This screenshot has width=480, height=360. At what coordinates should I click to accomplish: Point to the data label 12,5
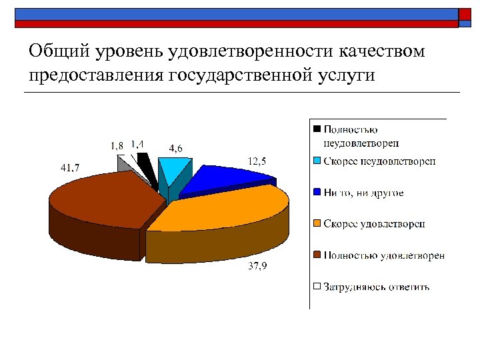pyautogui.click(x=259, y=160)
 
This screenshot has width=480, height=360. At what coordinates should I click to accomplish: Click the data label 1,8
pyautogui.click(x=117, y=145)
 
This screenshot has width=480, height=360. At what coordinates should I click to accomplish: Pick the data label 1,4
pyautogui.click(x=139, y=143)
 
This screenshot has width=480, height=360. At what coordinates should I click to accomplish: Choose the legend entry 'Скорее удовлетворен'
pyautogui.click(x=375, y=223)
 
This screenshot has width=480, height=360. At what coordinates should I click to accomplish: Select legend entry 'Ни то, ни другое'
pyautogui.click(x=363, y=193)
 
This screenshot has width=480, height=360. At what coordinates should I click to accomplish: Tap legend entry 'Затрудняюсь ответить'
pyautogui.click(x=376, y=287)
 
